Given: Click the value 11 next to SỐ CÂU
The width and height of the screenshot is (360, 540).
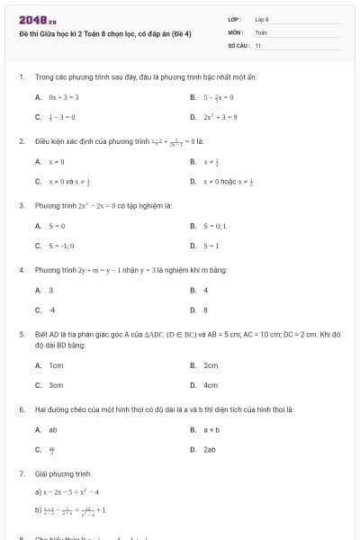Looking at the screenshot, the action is [258, 44].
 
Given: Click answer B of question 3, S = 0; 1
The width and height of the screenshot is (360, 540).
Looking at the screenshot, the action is [219, 226].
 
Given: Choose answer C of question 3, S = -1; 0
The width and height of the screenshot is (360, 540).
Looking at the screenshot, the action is [61, 246].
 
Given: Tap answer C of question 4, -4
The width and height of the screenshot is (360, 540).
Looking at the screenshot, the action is [51, 310].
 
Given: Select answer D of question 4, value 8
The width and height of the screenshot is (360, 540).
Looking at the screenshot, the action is [205, 310].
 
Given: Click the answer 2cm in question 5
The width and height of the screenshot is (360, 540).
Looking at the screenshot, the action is [211, 365].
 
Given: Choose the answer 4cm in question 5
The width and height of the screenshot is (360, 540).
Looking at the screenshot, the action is [211, 385].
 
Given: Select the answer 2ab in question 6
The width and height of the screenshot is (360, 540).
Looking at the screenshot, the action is [209, 449].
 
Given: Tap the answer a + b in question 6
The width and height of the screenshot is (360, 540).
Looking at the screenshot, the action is [211, 430].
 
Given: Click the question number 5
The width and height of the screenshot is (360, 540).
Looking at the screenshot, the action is [21, 333].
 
